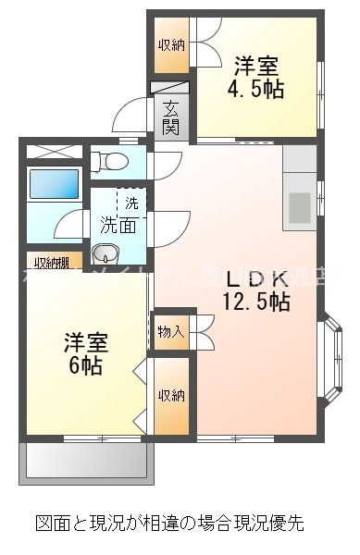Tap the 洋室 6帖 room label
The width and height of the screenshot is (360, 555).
86,351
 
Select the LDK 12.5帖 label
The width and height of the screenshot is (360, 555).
255,288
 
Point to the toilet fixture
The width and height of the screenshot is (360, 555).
111,161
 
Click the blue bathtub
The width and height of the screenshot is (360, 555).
54,183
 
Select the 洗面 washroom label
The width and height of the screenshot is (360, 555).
118,224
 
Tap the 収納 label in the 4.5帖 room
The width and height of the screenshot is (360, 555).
170,44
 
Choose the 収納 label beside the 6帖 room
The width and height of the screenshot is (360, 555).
170,396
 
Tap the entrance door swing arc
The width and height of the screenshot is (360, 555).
129,117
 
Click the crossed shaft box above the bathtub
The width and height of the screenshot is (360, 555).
53,152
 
